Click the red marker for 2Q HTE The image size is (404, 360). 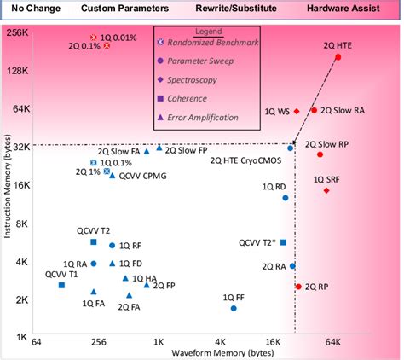click(x=338, y=57)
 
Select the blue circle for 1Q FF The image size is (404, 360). click(x=234, y=308)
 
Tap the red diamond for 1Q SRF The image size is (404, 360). click(x=326, y=190)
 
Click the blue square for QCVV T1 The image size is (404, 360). click(x=61, y=285)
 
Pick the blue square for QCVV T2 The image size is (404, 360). click(x=94, y=242)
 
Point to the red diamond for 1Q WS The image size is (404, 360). click(x=297, y=111)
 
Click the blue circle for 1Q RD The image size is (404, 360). click(x=286, y=198)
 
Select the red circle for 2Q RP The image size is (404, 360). click(x=298, y=287)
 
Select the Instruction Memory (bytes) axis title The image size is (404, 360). click(x=7, y=186)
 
